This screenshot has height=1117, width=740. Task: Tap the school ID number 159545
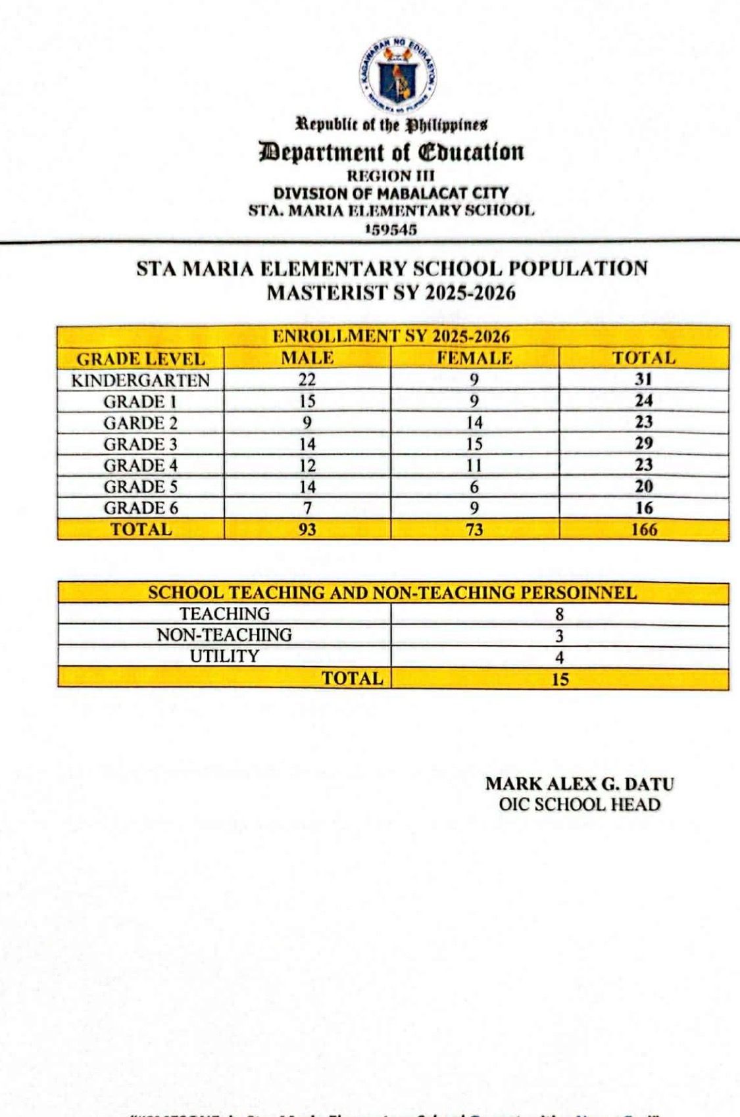click(x=391, y=229)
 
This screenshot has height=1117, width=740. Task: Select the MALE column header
click(x=307, y=358)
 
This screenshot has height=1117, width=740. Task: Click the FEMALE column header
click(x=474, y=358)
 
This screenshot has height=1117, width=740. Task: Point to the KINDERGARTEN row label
click(x=141, y=381)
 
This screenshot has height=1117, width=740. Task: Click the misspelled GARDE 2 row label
click(x=141, y=423)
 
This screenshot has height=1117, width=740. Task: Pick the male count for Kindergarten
click(x=307, y=380)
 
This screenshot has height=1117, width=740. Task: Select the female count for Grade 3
click(x=474, y=444)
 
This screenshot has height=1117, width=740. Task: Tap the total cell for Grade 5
click(x=644, y=487)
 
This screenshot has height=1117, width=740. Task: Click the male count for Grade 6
click(x=307, y=508)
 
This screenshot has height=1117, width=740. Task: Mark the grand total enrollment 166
click(x=644, y=529)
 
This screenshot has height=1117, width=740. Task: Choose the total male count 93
click(x=307, y=529)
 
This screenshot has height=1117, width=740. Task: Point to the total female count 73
click(x=474, y=529)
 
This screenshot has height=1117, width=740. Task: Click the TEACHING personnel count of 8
click(x=560, y=615)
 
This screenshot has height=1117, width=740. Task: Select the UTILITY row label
click(x=224, y=656)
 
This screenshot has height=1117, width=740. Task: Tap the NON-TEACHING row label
click(x=224, y=635)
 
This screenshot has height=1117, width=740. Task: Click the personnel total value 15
click(x=560, y=679)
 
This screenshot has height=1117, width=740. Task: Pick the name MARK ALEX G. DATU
click(x=580, y=784)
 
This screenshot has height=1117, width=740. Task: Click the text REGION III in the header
click(x=391, y=176)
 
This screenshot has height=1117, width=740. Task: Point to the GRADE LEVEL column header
click(x=141, y=359)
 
